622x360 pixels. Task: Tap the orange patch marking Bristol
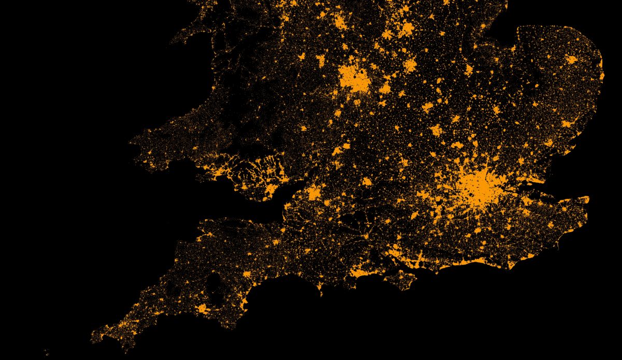coord(313,194)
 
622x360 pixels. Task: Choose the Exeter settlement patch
coord(246,275)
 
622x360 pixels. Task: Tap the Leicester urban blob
coord(410,65)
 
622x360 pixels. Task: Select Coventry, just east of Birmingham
coord(385,89)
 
